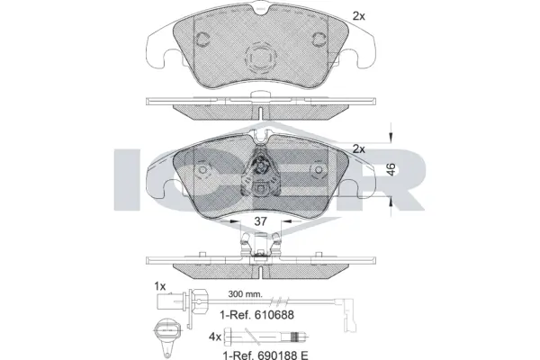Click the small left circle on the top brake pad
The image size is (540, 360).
(x=203, y=40)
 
